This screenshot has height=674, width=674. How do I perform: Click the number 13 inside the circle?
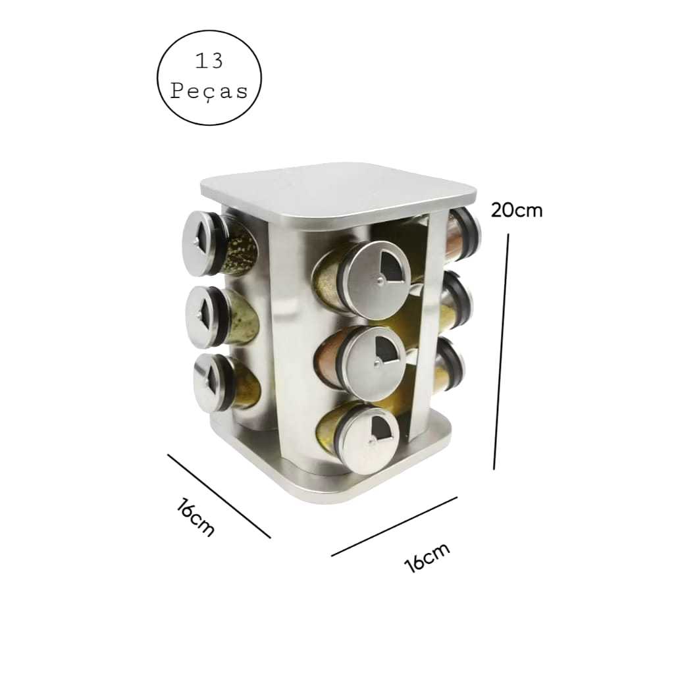[x=209, y=61]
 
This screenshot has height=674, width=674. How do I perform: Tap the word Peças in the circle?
[x=209, y=91]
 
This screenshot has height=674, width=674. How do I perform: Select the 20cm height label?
[x=517, y=210]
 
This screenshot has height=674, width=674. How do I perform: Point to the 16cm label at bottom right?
[x=428, y=557]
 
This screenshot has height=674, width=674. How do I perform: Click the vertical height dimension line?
[x=501, y=351]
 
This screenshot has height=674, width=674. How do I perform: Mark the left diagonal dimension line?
[x=219, y=496]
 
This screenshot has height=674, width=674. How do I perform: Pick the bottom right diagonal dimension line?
[x=394, y=527]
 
